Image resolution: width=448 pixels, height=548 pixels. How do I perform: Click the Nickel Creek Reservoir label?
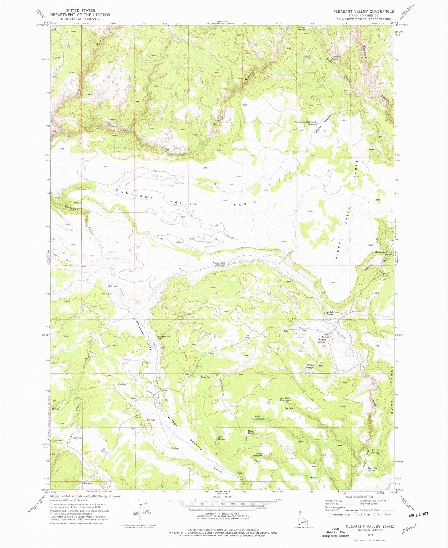[x=219, y=264]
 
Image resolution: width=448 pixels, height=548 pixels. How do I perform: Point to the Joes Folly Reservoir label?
[x=285, y=399]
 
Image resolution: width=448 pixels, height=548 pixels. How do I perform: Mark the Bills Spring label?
[x=221, y=438]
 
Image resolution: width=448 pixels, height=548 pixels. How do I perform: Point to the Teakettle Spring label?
[x=372, y=469]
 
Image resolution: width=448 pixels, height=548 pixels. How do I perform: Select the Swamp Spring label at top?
[x=301, y=28]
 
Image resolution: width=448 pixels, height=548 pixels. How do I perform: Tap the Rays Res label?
[x=205, y=377]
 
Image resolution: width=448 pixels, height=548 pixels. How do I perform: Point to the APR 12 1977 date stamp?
[x=418, y=514]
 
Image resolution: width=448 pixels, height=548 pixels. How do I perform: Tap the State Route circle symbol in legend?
[x=376, y=515]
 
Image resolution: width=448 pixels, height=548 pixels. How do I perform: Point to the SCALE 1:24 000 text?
[x=223, y=497]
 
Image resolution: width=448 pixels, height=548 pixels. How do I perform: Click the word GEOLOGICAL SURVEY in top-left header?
[x=80, y=19]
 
